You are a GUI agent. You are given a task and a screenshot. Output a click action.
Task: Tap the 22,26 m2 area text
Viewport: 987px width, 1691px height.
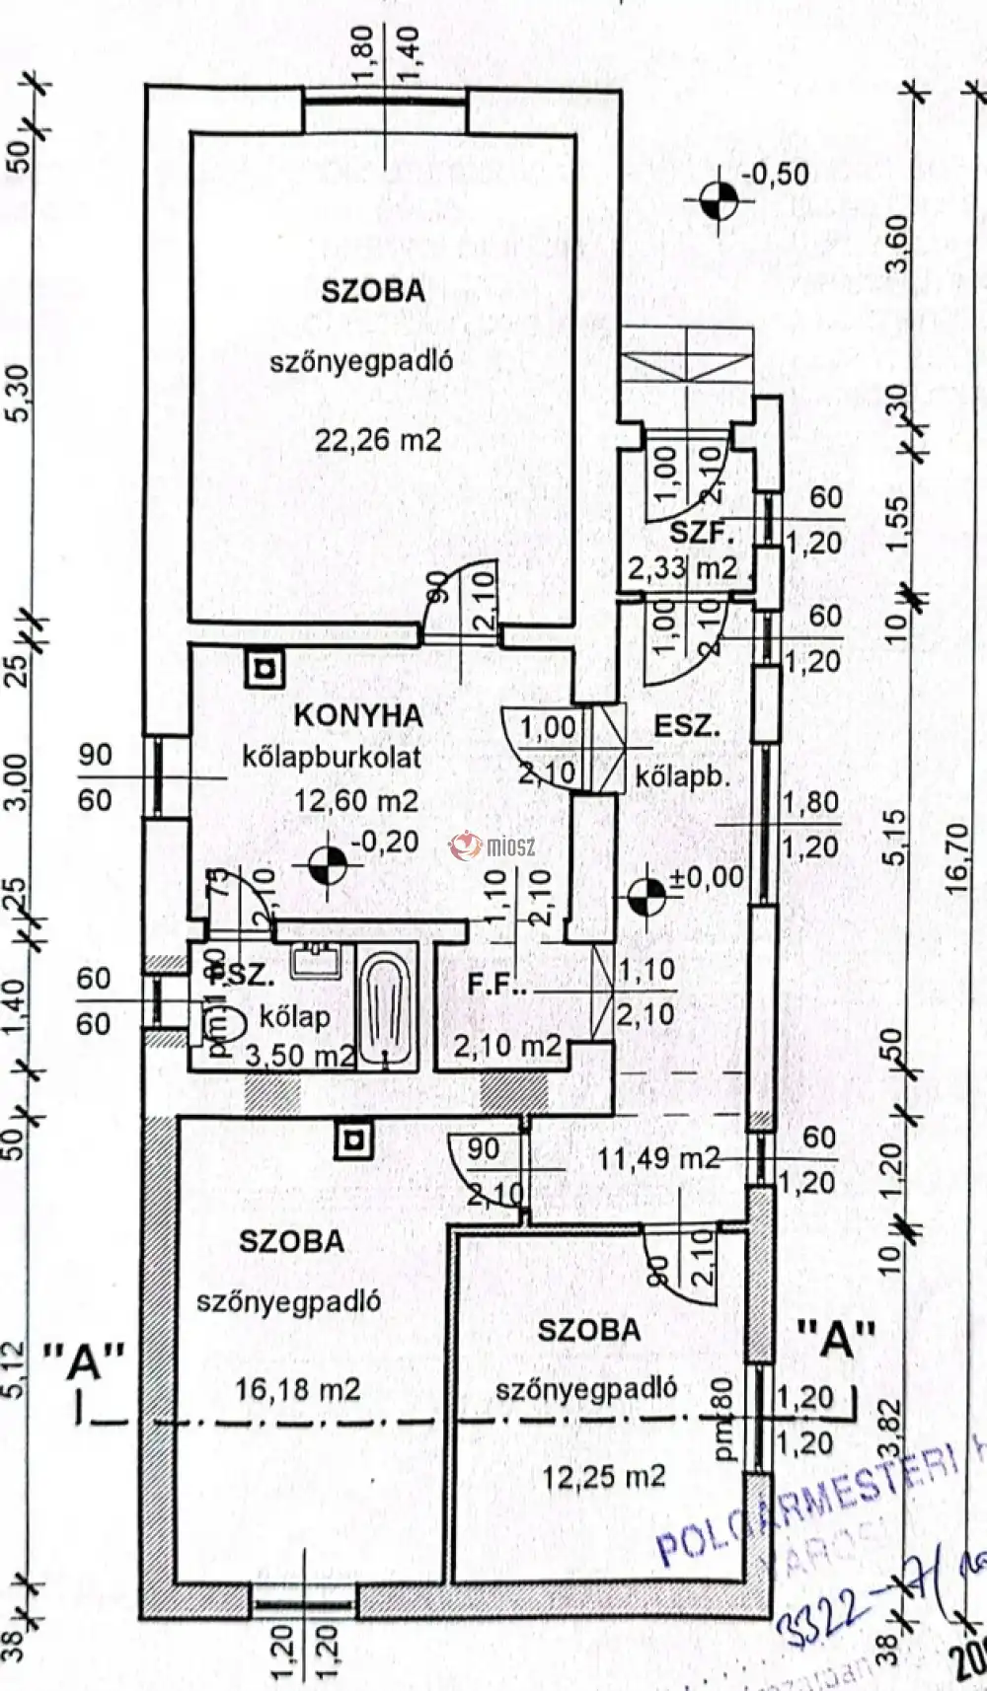point(378,440)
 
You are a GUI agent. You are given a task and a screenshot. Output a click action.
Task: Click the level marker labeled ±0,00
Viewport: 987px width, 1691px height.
point(647,896)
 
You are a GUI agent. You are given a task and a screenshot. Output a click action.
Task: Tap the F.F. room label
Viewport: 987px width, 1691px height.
point(497,986)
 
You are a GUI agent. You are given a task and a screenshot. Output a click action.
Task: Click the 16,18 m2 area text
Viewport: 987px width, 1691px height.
point(297,1390)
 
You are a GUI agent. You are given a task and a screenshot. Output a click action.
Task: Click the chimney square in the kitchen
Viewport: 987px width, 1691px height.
point(265,670)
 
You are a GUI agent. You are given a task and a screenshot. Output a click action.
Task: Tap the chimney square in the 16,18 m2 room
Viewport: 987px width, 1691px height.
point(352,1141)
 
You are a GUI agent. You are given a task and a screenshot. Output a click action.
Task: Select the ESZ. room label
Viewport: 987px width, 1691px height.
point(687,727)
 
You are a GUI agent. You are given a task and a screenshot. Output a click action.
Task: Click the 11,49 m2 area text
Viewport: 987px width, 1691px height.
point(658,1158)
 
